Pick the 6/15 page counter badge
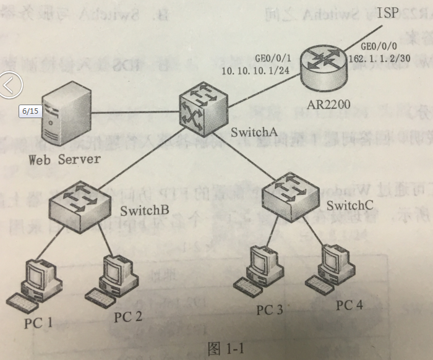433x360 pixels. point(30,111)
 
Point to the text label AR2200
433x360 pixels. point(328,105)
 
